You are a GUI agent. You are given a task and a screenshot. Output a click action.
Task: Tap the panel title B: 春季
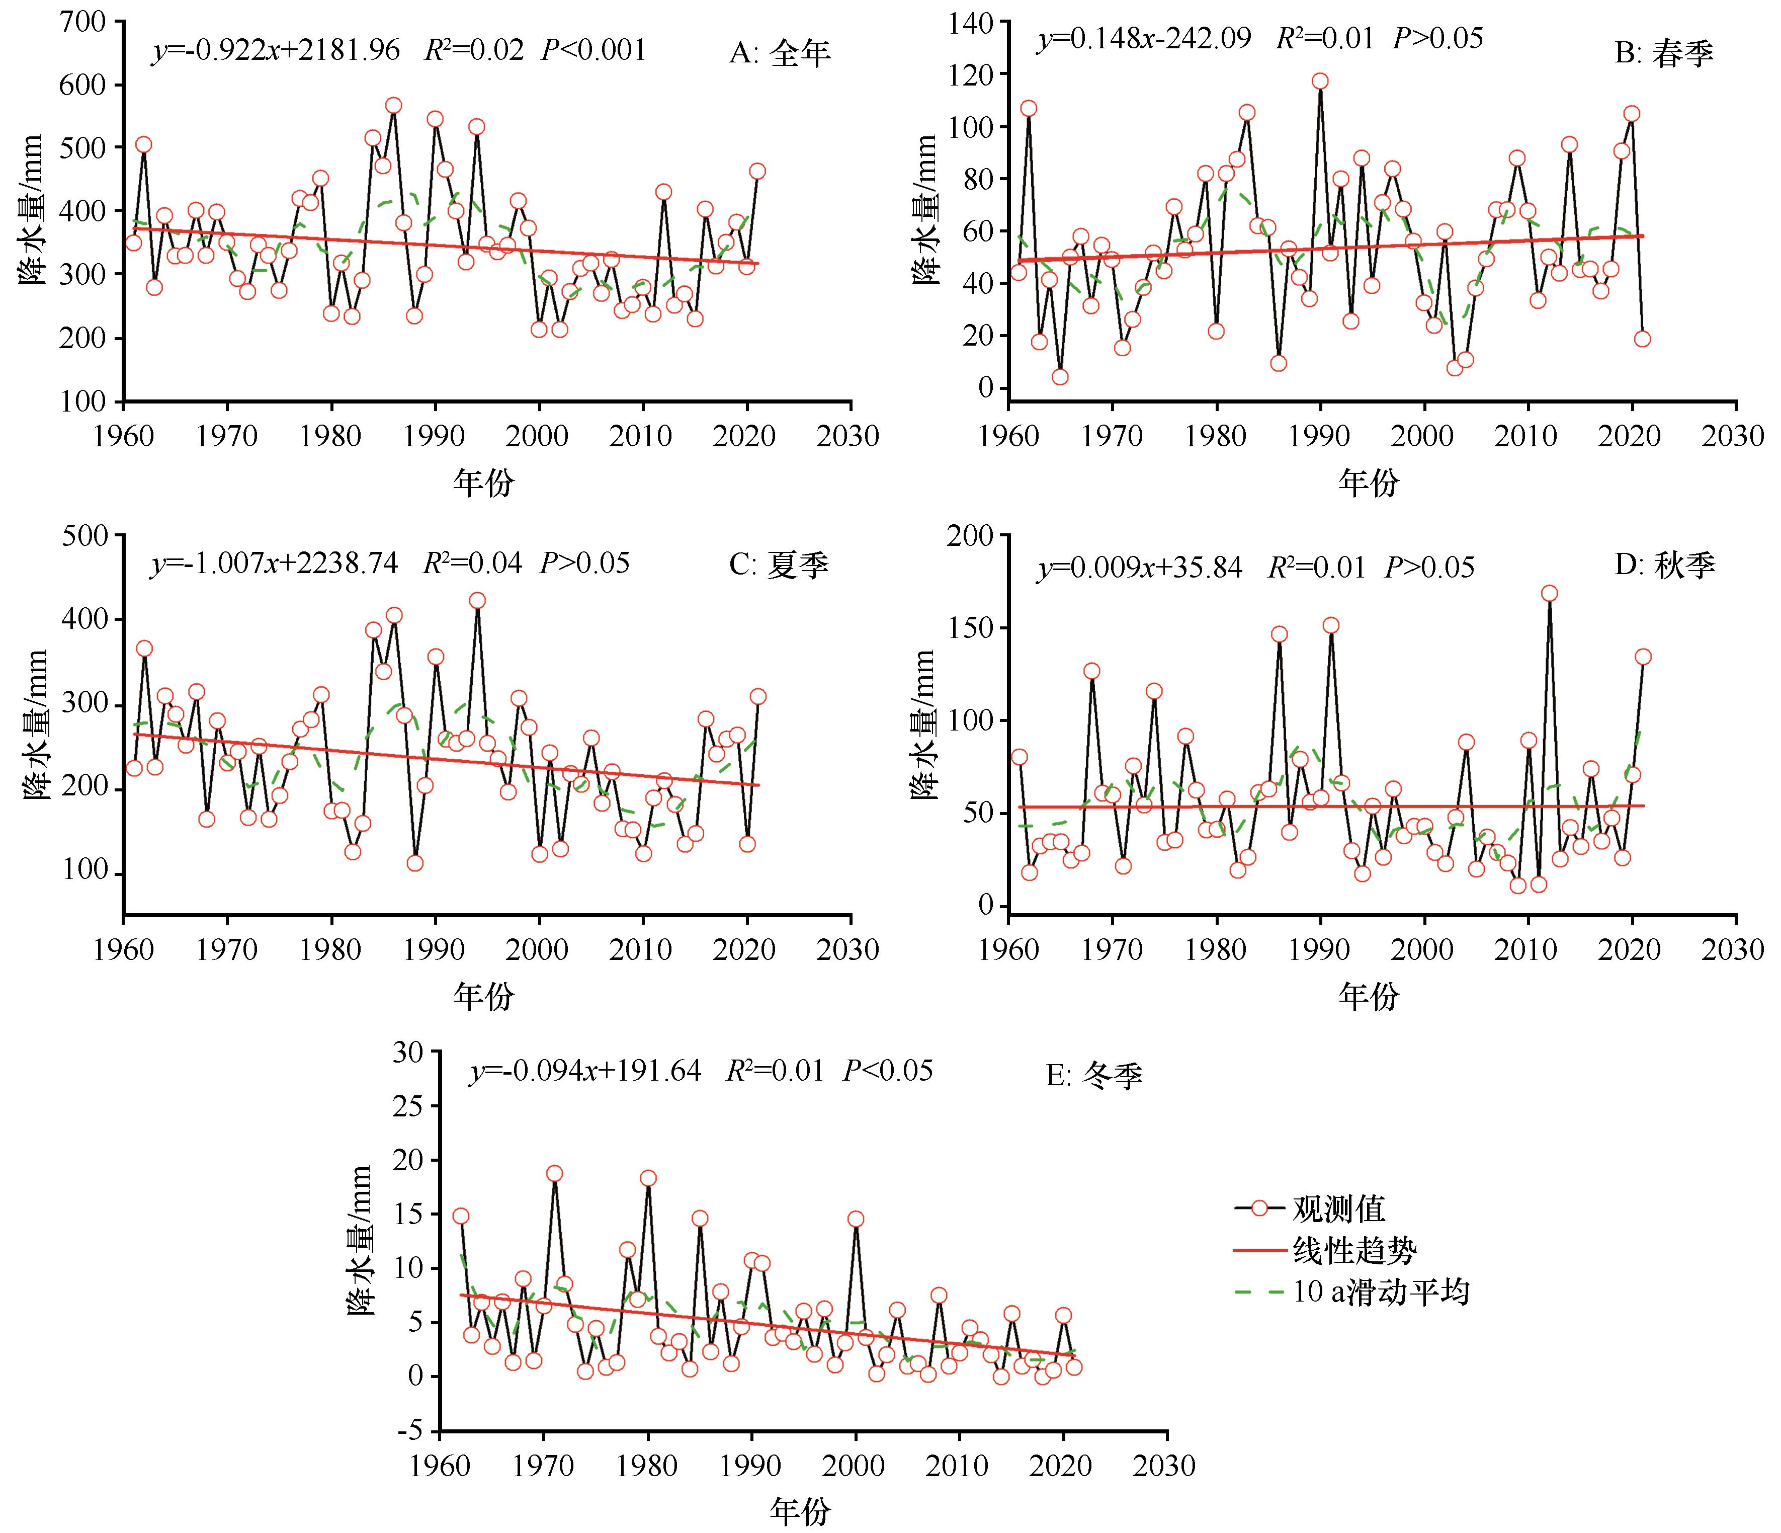[1664, 53]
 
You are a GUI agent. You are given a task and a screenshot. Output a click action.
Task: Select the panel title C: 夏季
[779, 565]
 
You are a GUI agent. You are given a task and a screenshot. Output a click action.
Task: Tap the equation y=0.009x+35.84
[1140, 568]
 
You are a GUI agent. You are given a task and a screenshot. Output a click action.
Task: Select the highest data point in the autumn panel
[1549, 593]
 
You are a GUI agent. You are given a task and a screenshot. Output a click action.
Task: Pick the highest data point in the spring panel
[1319, 82]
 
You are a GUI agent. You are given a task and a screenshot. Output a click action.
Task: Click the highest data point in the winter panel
[554, 1174]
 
